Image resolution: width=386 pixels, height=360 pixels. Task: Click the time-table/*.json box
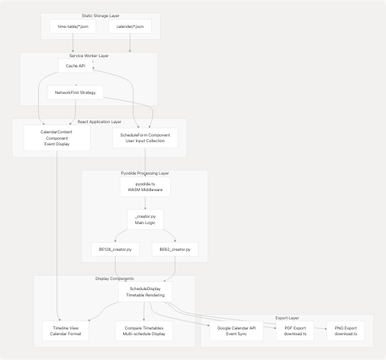tap(72, 26)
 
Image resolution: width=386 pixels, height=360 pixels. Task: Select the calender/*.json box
tap(130, 26)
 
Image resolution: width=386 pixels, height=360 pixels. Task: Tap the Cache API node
tap(76, 65)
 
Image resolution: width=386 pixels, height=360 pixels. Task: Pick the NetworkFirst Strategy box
tap(75, 93)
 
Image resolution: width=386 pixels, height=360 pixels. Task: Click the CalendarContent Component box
tap(57, 138)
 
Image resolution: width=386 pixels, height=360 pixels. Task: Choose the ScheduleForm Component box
tap(145, 138)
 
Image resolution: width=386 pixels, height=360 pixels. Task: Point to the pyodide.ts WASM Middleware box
tap(145, 187)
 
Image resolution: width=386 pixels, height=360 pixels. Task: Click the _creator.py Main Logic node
tap(145, 220)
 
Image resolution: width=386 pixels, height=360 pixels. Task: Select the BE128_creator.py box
tap(116, 249)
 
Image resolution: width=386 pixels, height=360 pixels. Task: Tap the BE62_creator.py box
tap(175, 249)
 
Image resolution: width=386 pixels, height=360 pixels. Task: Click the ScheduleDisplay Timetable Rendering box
tap(145, 292)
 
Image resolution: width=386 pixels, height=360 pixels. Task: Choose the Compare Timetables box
tap(144, 331)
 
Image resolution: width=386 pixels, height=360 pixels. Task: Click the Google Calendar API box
tap(236, 331)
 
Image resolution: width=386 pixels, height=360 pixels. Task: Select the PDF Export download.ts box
tap(295, 331)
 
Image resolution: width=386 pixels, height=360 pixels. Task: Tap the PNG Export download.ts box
tap(345, 331)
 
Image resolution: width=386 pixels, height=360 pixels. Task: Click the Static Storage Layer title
tap(100, 16)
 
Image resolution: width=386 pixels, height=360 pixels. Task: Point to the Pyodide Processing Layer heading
tap(145, 173)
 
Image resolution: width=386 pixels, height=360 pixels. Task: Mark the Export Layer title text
tap(287, 317)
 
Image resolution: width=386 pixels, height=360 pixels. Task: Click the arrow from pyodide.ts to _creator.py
tap(145, 203)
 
